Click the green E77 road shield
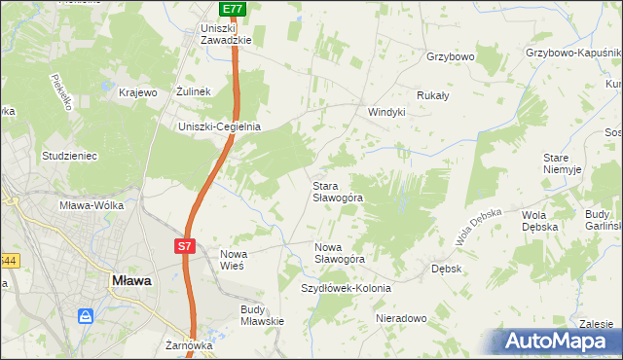pos(232,9)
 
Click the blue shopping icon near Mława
pos(87,316)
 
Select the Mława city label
pos(128,280)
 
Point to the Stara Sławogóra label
pos(337,191)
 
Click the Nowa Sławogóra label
pos(339,253)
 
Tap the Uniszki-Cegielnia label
pos(219,126)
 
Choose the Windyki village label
pos(385,112)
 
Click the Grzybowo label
pos(450,56)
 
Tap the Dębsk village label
pos(446,267)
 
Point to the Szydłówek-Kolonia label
pos(346,288)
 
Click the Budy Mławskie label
pos(261,315)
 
